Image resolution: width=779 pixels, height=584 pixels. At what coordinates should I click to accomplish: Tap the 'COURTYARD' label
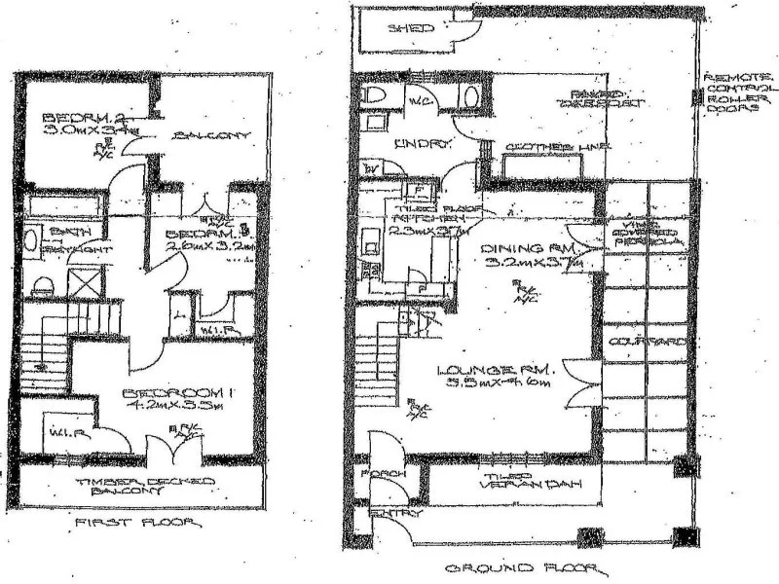[x=647, y=343]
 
